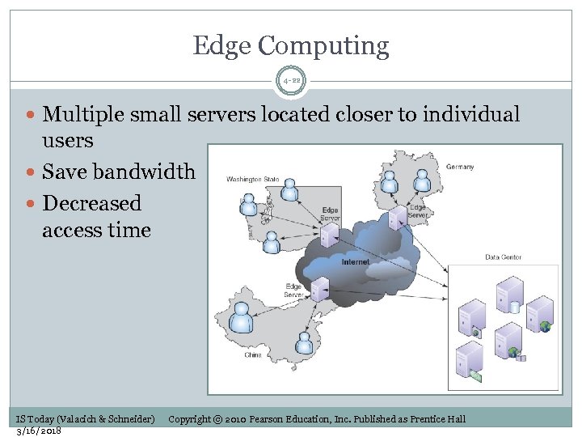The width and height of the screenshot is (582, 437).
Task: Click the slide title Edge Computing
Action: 291,46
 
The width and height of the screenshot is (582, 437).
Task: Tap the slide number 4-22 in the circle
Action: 291,81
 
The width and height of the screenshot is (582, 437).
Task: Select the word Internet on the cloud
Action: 356,262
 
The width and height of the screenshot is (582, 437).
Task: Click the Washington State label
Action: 253,179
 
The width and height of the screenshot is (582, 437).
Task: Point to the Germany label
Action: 460,168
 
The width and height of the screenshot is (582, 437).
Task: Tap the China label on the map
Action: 253,354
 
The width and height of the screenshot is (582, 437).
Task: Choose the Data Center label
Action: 503,257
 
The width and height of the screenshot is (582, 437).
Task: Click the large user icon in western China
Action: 241,317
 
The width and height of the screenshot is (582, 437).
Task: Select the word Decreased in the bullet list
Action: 91,202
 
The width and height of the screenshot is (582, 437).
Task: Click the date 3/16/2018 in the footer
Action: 39,430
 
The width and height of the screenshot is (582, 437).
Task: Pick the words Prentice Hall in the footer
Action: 438,418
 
